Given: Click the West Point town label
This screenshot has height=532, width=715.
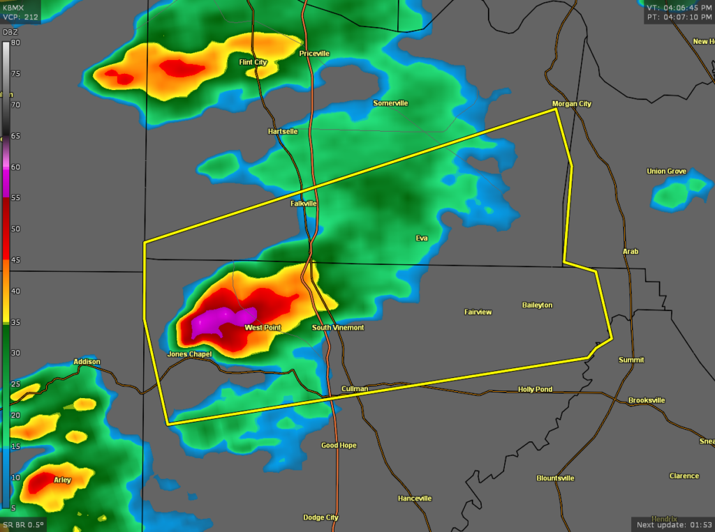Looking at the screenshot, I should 263,328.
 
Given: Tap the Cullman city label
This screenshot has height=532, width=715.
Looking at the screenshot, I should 355,388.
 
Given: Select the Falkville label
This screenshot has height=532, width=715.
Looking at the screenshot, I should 304,204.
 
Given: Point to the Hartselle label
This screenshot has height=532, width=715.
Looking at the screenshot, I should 283,131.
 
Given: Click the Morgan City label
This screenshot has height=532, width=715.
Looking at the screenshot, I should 571,104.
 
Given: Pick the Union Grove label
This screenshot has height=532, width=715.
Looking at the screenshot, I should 666,172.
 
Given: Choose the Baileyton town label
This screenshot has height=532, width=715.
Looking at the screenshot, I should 537,305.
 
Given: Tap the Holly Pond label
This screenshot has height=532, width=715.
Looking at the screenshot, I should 535,390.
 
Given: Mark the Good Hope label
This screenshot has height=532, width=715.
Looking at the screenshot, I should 339,446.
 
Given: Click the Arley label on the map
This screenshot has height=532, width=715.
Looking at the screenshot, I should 62,480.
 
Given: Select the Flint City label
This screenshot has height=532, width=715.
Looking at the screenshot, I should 253,63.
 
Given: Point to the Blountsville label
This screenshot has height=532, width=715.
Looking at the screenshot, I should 555,478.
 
